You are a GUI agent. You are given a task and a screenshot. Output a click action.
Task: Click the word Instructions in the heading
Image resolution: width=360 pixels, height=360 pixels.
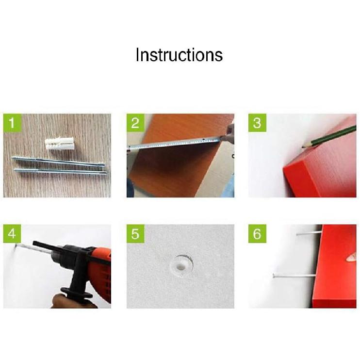click(179, 55)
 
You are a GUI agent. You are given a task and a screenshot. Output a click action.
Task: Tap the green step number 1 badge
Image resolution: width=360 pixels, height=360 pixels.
click(12, 123)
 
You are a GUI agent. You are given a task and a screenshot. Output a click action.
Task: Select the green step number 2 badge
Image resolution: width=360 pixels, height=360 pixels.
click(135, 123)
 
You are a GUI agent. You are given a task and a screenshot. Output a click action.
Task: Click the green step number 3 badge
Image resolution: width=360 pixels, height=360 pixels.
click(257, 123)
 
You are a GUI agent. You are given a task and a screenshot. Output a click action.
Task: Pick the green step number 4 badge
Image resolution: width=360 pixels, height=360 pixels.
click(12, 234)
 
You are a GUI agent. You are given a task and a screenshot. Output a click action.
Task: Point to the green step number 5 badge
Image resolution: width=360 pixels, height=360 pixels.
click(135, 234)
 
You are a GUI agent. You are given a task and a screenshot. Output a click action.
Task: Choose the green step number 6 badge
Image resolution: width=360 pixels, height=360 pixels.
click(257, 234)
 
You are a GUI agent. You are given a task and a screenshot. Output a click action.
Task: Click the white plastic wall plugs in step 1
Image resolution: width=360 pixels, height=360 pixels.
click(59, 143)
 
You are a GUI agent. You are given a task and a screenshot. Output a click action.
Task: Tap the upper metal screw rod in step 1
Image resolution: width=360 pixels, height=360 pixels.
click(58, 161)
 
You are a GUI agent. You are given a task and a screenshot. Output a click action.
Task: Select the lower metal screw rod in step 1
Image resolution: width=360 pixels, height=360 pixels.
click(60, 171)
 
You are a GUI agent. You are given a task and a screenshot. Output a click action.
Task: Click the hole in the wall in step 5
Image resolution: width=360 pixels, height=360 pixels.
click(181, 267)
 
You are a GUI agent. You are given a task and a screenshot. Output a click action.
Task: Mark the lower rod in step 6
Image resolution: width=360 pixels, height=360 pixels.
click(294, 276)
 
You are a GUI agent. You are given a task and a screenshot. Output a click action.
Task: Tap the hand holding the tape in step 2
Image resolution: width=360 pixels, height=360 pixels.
click(228, 134)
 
